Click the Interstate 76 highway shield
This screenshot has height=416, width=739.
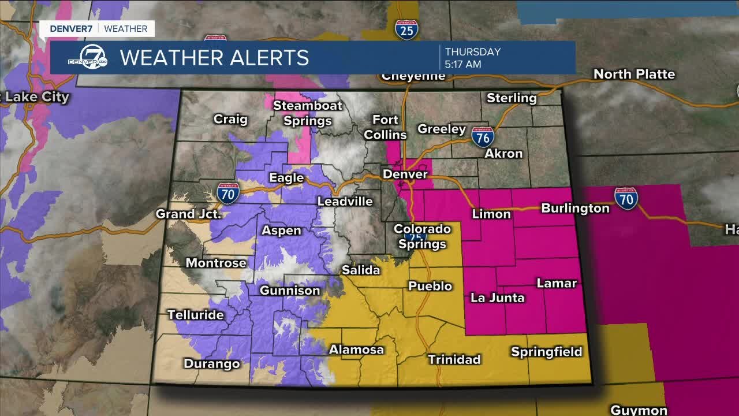point(482,137)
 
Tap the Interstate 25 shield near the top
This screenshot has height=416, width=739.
point(407,29)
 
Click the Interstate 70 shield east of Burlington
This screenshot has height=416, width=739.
point(626,198)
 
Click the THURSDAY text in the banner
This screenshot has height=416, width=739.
point(472,51)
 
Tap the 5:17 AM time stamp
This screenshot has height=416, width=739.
point(462,64)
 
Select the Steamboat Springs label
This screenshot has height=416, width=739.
point(307,113)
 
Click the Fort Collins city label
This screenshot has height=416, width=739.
point(385,127)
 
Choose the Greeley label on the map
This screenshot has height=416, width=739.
point(442,129)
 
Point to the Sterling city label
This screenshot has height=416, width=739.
point(512,98)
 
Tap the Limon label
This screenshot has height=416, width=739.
point(491,214)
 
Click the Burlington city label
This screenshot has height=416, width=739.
point(575,208)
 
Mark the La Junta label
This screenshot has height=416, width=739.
point(497,298)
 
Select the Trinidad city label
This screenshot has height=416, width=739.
point(454,359)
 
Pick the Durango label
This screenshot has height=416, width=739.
point(211,363)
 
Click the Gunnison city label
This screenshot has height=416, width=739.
point(289,290)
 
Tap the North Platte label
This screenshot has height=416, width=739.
point(634,74)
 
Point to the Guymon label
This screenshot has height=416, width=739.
point(639,410)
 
